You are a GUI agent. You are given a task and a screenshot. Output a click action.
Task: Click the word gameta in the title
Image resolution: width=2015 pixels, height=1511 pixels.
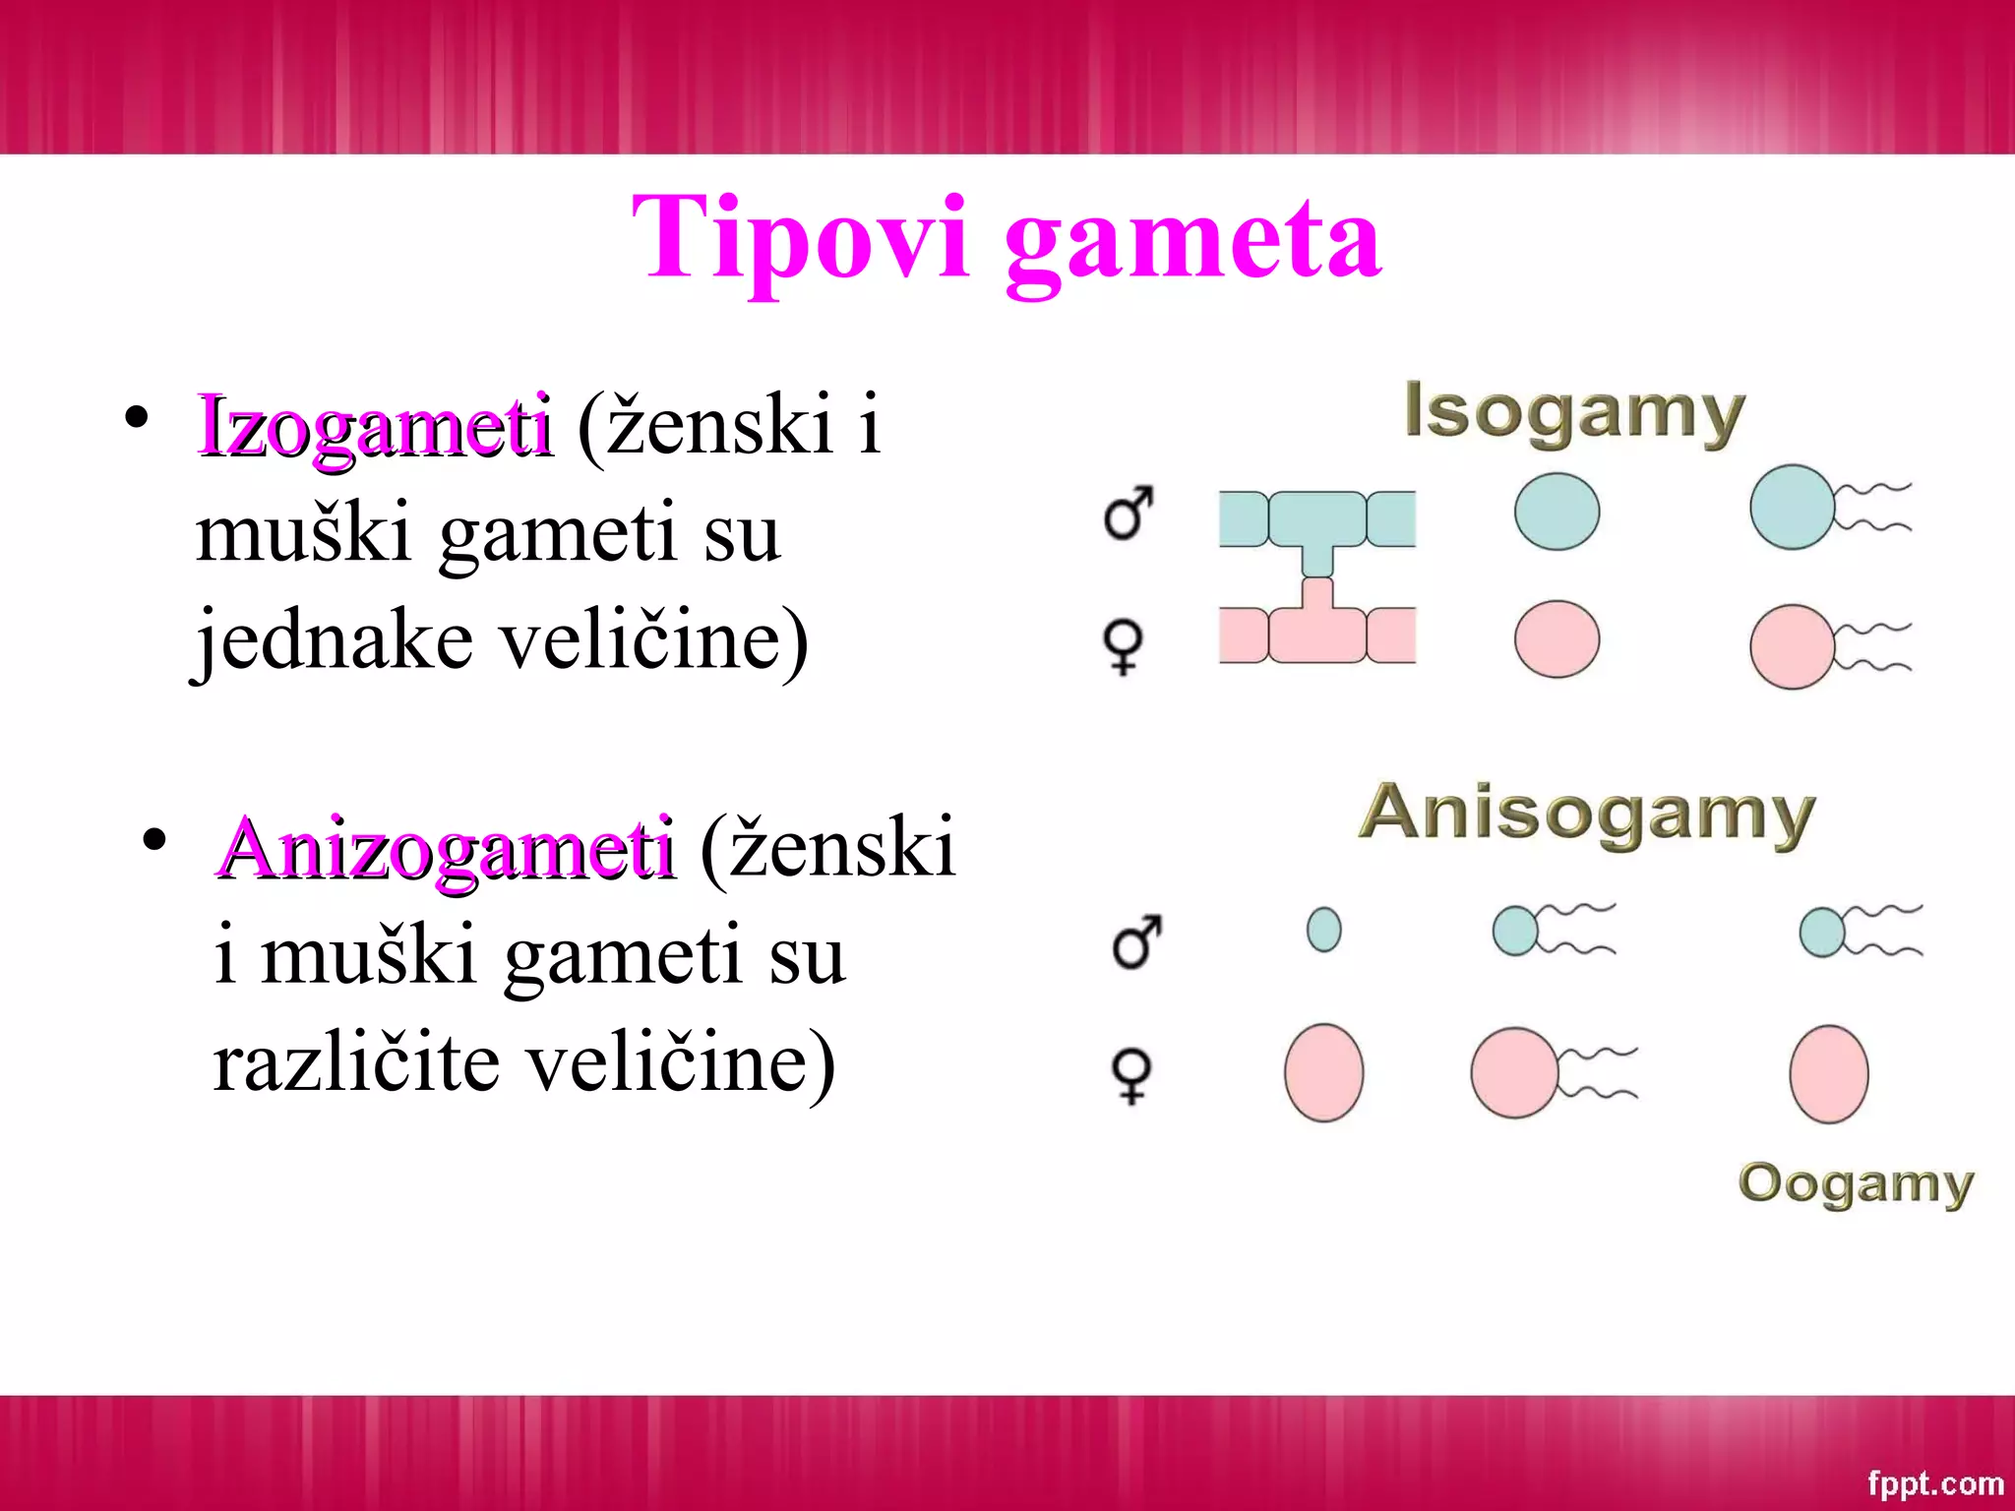click(x=1192, y=241)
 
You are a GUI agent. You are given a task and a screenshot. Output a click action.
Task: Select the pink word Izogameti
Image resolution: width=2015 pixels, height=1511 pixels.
click(x=374, y=426)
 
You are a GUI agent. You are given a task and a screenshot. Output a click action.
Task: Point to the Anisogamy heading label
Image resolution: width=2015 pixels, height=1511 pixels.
click(x=1586, y=814)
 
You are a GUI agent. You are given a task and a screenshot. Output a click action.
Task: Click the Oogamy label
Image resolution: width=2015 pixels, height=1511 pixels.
click(x=1856, y=1183)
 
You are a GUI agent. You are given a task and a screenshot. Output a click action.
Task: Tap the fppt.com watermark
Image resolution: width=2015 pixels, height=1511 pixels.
click(x=1935, y=1481)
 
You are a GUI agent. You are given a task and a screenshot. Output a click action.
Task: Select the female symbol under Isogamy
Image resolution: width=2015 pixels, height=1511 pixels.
click(x=1124, y=645)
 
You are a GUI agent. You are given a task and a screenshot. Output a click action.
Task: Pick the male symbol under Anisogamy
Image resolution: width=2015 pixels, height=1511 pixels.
click(x=1136, y=941)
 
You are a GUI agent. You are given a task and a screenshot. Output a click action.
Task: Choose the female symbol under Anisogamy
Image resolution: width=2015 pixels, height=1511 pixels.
click(x=1131, y=1076)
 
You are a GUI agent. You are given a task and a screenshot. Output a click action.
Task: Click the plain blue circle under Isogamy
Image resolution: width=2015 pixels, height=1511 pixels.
click(x=1557, y=511)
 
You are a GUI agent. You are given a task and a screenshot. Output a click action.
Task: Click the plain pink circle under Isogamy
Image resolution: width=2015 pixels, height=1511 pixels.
click(x=1557, y=639)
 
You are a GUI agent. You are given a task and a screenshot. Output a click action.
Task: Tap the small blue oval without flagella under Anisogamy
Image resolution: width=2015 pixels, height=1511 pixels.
click(x=1323, y=929)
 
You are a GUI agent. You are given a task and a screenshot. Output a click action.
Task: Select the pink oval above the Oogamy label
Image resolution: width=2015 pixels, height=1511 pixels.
click(x=1828, y=1073)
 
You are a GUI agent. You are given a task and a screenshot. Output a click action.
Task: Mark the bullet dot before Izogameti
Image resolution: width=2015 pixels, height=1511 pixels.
click(x=137, y=417)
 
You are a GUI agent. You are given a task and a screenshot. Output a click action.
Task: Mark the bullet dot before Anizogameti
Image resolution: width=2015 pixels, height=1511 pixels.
click(x=153, y=840)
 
